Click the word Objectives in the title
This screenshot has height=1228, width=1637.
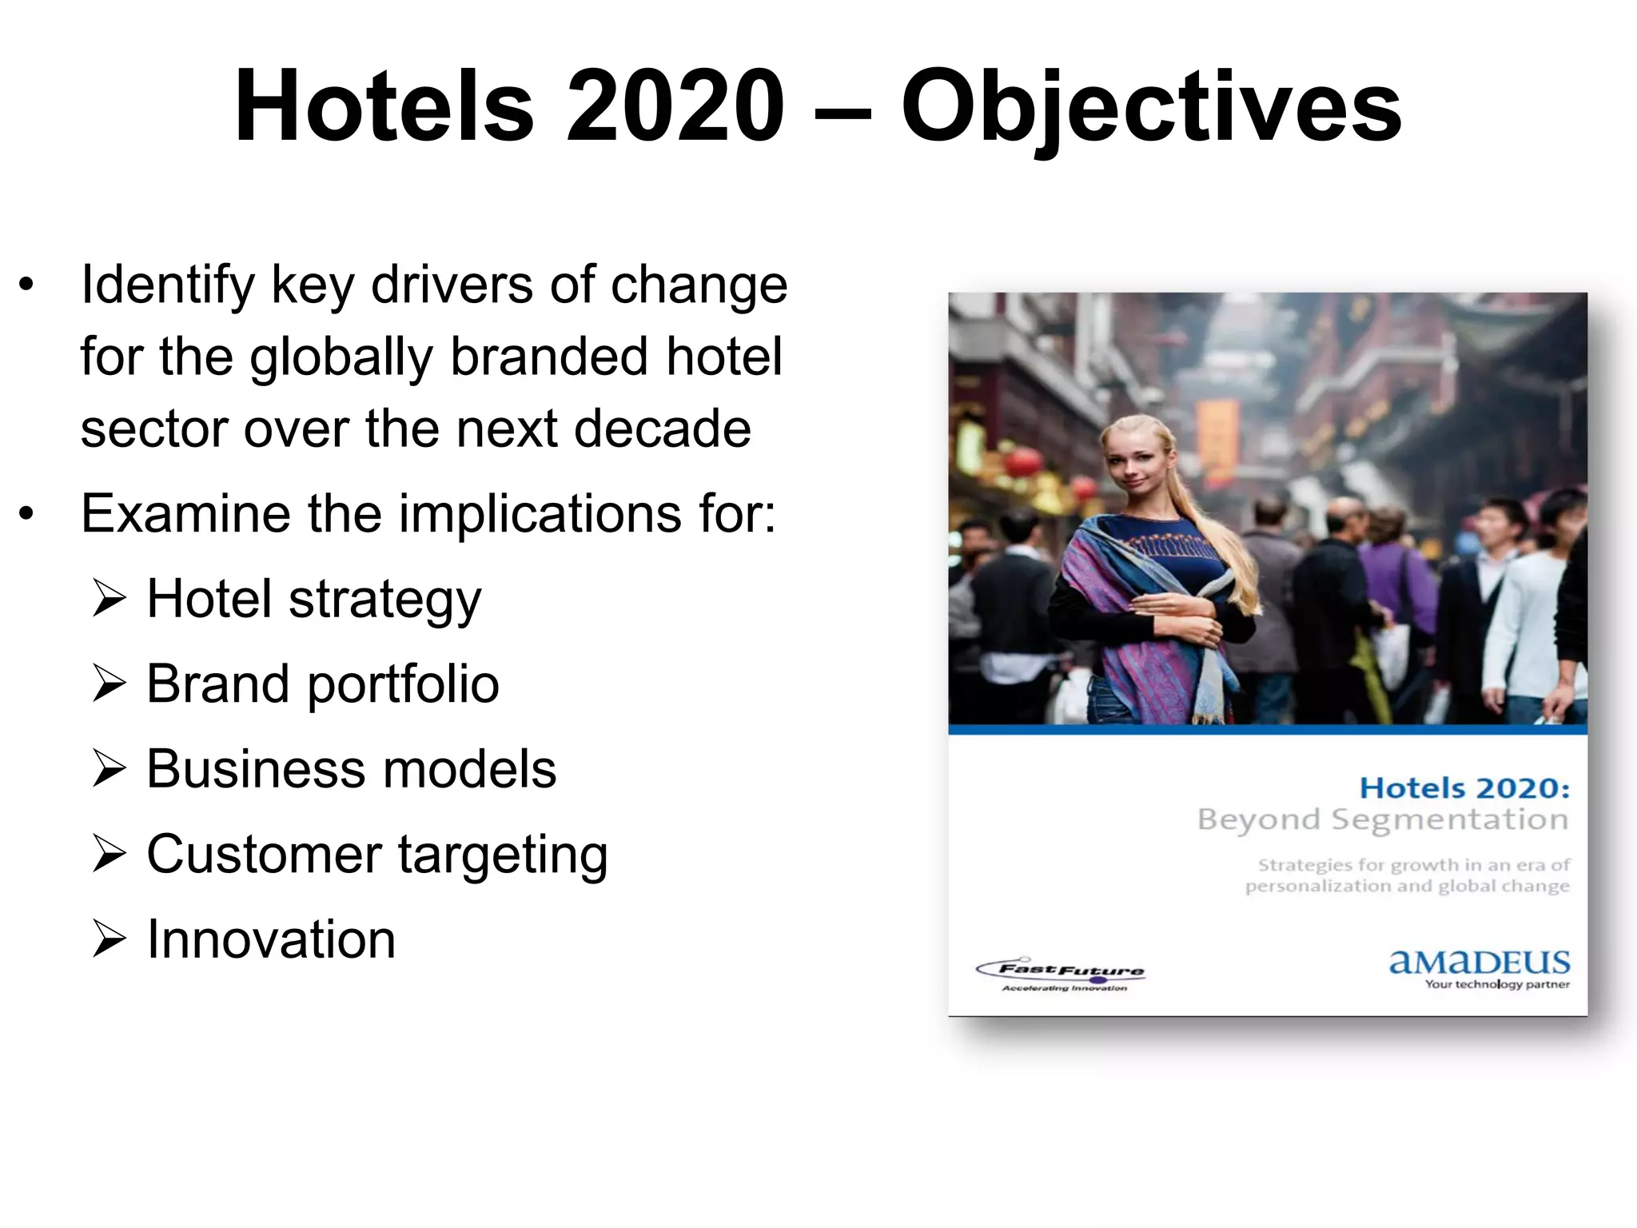pos(1151,108)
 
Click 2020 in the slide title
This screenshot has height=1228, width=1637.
pos(675,108)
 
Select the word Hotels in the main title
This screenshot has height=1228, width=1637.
pos(384,108)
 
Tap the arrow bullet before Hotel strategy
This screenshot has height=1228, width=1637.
pos(110,600)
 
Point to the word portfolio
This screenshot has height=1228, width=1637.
pos(403,686)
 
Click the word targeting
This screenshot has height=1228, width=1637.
pos(503,855)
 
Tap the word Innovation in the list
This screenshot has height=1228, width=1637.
pos(271,939)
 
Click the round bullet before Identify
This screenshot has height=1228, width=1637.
pos(26,285)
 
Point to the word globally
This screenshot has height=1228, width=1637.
pos(341,357)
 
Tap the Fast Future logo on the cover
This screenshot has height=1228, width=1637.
pos(1061,974)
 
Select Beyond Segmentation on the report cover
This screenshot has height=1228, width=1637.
pos(1382,820)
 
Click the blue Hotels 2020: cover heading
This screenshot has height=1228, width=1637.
pos(1464,788)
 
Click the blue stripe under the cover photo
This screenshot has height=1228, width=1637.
pos(1267,729)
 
